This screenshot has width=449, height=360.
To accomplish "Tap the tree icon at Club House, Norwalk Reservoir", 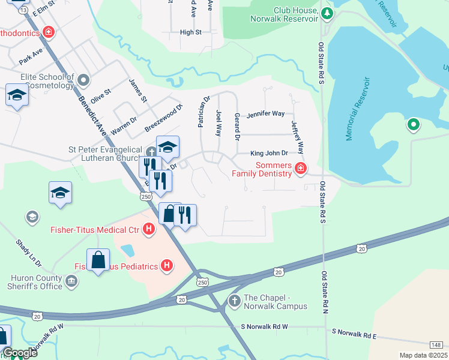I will pyautogui.click(x=326, y=13).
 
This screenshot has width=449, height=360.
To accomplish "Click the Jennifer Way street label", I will pyautogui.click(x=265, y=113).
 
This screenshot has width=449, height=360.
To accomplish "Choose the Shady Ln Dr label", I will pyautogui.click(x=28, y=253).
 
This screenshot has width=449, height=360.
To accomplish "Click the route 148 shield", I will pyautogui.click(x=436, y=344).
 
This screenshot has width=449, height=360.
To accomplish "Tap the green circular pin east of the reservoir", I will pyautogui.click(x=413, y=125).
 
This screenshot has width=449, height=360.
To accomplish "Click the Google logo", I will pyautogui.click(x=20, y=353).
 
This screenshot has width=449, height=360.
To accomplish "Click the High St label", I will pyautogui.click(x=190, y=32).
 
